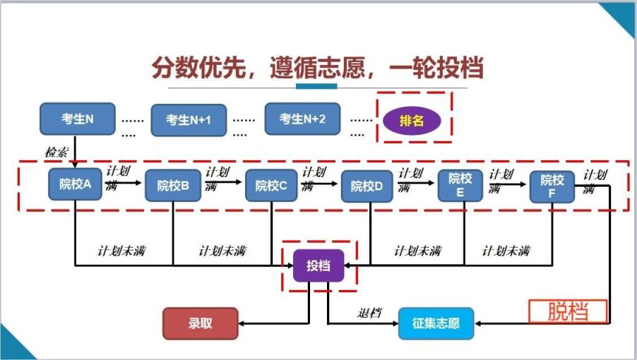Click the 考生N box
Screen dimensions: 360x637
77,119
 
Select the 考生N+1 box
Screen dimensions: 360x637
189,120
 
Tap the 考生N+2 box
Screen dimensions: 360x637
302,119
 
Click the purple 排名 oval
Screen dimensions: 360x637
412,121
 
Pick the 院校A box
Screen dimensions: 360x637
76,185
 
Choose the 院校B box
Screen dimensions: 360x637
172,186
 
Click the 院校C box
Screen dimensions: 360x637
271,186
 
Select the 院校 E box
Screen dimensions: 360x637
460,186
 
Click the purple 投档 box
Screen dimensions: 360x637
318,266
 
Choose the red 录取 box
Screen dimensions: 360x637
200,324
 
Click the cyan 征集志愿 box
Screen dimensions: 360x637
436,324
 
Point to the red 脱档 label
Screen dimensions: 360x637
568,311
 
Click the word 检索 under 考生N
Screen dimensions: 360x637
56,152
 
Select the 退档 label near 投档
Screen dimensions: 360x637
369,312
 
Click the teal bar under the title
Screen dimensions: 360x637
316,86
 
